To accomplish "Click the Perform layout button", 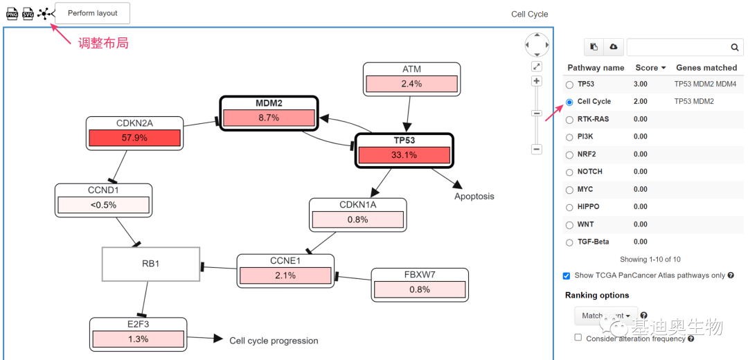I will click(x=92, y=13).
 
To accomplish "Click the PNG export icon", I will click(x=11, y=14).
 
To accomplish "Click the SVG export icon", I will click(x=28, y=14).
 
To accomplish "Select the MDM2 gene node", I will click(x=269, y=111).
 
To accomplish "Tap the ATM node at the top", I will click(x=411, y=78).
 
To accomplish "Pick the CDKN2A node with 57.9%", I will click(x=134, y=132).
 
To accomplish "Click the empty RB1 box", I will click(x=151, y=264).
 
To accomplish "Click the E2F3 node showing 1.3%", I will click(x=138, y=334).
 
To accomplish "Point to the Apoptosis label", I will click(x=474, y=196).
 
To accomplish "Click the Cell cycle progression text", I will click(x=274, y=341).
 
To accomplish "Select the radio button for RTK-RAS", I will click(x=569, y=120).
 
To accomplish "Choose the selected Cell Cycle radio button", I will click(x=569, y=102).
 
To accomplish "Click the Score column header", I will click(x=650, y=68).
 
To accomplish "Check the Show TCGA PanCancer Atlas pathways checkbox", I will click(x=567, y=276).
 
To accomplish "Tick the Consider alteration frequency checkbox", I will click(x=578, y=338).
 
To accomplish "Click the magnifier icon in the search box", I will click(x=735, y=47).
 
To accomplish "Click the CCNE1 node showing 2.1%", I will click(x=285, y=270).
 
